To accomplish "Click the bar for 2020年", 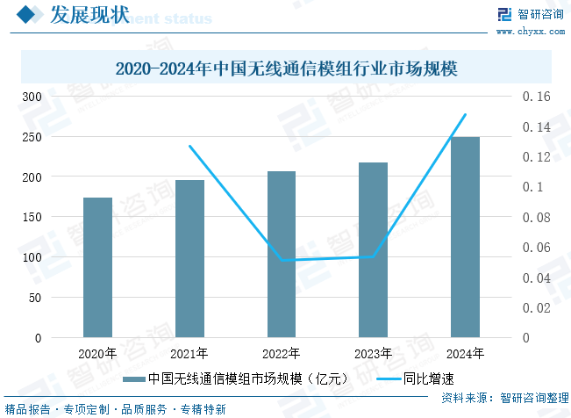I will pyautogui.click(x=97, y=268).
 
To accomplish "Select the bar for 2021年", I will pyautogui.click(x=189, y=259).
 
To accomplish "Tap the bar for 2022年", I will pyautogui.click(x=282, y=255).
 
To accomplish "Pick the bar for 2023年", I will pyautogui.click(x=373, y=250).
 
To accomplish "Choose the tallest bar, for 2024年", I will pyautogui.click(x=465, y=237).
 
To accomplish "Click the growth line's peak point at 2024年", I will pyautogui.click(x=465, y=114).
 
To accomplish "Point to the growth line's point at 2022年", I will pyautogui.click(x=282, y=260).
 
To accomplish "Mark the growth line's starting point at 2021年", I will pyautogui.click(x=189, y=146).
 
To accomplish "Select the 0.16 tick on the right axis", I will pyautogui.click(x=537, y=97).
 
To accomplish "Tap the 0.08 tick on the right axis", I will pyautogui.click(x=537, y=218).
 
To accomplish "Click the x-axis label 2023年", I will pyautogui.click(x=373, y=354).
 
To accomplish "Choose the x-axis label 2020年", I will pyautogui.click(x=97, y=354).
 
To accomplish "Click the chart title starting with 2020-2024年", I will pyautogui.click(x=287, y=68).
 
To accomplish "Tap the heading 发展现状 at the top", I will pyautogui.click(x=89, y=15).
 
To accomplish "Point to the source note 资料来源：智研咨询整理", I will pyautogui.click(x=504, y=398).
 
